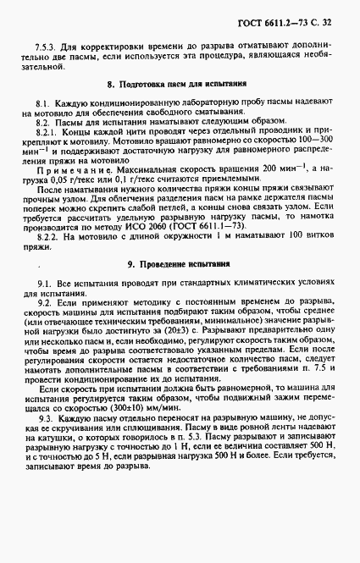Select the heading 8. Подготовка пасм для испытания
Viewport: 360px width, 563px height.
click(177, 84)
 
